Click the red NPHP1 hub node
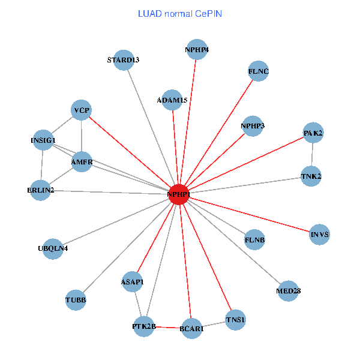tap(178, 195)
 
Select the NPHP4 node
tap(197, 49)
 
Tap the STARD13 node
tap(123, 60)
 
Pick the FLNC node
tap(258, 72)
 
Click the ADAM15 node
tap(172, 100)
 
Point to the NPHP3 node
tap(253, 125)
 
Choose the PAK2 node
tap(313, 133)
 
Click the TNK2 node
tap(311, 176)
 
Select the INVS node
tap(320, 235)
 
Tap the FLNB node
tap(254, 240)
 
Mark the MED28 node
tap(288, 291)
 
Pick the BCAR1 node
tap(191, 329)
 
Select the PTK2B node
tap(144, 326)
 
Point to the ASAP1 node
tap(133, 281)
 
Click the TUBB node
tap(76, 300)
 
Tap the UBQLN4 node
tap(53, 248)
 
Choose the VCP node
tap(82, 110)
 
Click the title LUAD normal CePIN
tap(180, 13)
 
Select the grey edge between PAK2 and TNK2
tap(312, 155)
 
